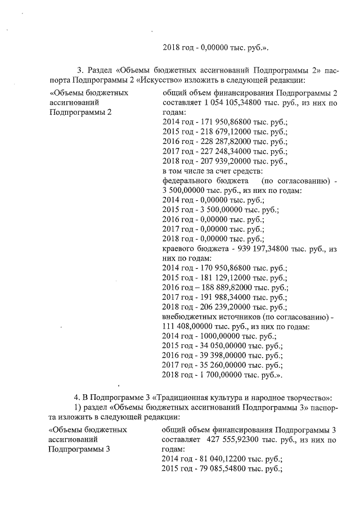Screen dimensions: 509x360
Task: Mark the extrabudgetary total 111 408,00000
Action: point(188,327)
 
